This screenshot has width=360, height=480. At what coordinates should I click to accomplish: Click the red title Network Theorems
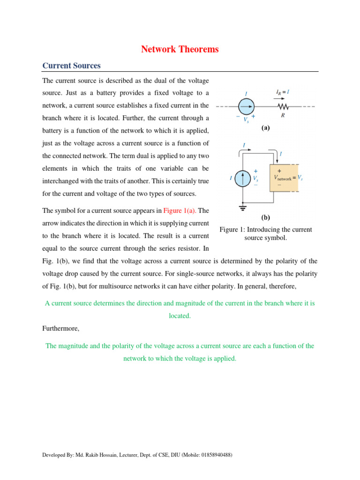[180, 49]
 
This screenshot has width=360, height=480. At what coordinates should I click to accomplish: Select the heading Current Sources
[71, 66]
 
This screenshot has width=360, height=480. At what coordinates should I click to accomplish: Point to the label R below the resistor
[283, 115]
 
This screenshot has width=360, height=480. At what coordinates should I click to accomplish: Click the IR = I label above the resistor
[282, 93]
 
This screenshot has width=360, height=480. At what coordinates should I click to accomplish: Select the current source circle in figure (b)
[243, 179]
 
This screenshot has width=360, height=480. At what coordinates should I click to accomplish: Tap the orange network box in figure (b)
[284, 178]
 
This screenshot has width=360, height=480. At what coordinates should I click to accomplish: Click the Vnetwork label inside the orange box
[283, 178]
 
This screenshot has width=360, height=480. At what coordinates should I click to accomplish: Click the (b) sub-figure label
[266, 218]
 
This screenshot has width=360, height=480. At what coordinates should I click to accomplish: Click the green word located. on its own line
[180, 316]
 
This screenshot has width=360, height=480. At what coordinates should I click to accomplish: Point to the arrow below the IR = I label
[282, 99]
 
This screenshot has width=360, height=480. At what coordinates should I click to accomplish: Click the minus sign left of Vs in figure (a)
[238, 116]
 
